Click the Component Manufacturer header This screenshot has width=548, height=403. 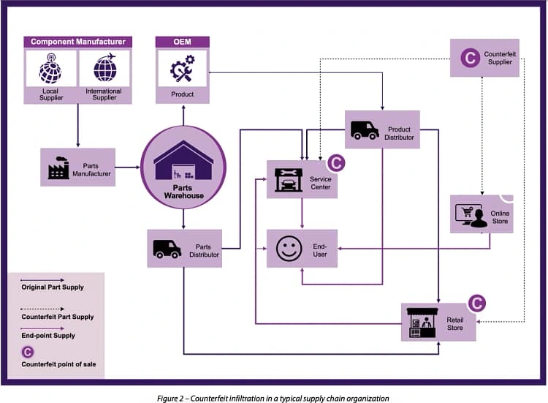[x=77, y=42]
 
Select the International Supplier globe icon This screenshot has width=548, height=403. [x=104, y=70]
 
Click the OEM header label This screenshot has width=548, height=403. [x=182, y=42]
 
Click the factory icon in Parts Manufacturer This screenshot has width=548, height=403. [x=58, y=167]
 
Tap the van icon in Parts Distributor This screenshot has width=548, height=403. [x=167, y=249]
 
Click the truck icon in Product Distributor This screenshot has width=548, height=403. [x=365, y=129]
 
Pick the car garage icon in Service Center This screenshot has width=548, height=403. [x=288, y=179]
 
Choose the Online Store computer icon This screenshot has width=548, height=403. [x=471, y=214]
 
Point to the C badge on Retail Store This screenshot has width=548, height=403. [x=476, y=303]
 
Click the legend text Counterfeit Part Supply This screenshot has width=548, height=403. [x=58, y=317]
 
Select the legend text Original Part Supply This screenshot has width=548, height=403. [x=53, y=287]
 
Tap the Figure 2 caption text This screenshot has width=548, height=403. [x=273, y=397]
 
